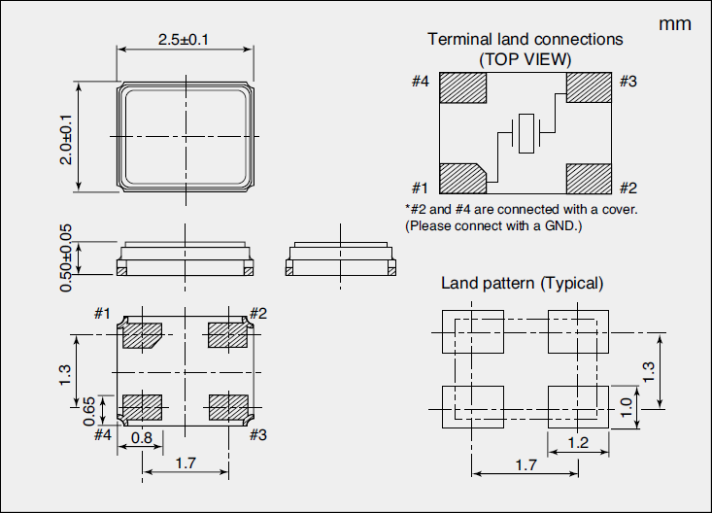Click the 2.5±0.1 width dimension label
184,39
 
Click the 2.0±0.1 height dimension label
66,139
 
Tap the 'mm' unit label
675,24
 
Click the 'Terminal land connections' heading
526,40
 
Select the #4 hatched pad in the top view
463,86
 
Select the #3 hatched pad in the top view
589,86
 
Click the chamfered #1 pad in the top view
461,178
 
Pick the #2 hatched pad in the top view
589,178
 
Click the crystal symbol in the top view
526,132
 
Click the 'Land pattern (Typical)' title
523,284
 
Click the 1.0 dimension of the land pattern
626,405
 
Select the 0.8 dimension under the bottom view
141,438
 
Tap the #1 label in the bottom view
103,313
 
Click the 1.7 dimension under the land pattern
526,465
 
